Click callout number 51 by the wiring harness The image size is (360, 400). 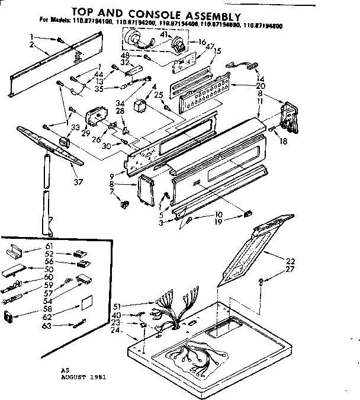click(117, 306)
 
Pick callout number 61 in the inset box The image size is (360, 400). click(49, 246)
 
